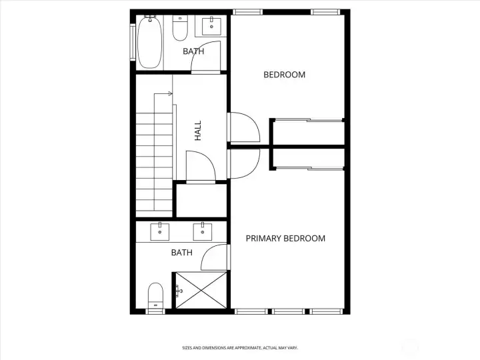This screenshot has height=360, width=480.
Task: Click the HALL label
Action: coord(198,131)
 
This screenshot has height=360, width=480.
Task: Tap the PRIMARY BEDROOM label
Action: coord(285,239)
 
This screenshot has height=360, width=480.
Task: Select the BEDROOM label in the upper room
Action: coord(285,75)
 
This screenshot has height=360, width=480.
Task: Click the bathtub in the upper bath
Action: coord(149,41)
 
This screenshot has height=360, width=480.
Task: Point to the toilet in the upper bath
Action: coord(180,28)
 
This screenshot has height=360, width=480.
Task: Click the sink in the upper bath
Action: coord(211,27)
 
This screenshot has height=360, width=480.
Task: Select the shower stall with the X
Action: coord(201,290)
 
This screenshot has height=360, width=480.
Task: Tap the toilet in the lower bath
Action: coord(155,296)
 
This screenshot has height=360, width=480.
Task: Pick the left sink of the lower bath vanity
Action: coord(160,232)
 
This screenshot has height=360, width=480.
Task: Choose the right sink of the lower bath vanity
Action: coord(203,232)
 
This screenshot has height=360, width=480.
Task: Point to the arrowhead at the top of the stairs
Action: coord(171,94)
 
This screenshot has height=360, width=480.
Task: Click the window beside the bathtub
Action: coord(133,42)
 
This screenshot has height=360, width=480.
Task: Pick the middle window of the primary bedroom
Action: coord(289,311)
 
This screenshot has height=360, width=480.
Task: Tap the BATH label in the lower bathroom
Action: coord(182,253)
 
